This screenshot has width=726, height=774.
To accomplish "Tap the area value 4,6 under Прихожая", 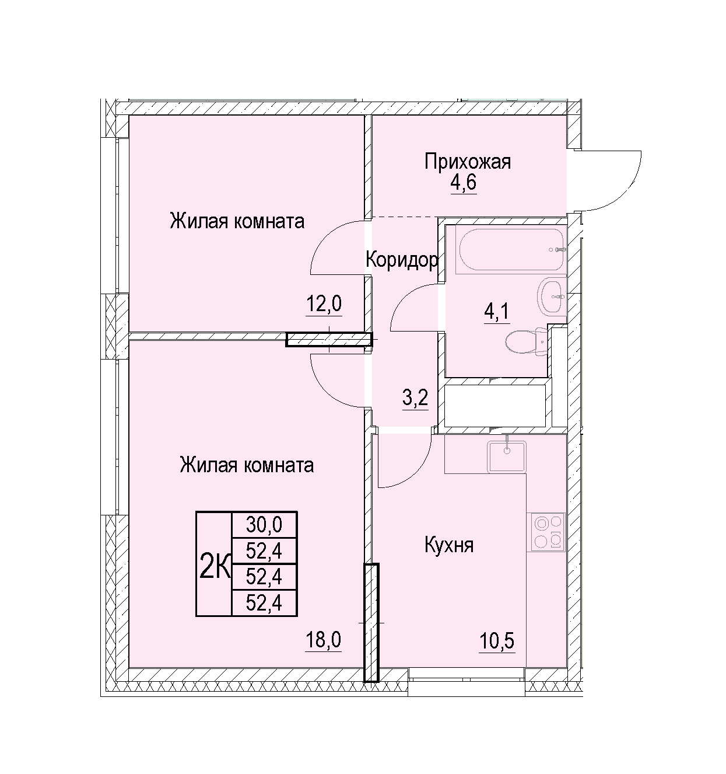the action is tap(464, 183).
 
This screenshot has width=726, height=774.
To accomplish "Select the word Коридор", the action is tap(402, 259).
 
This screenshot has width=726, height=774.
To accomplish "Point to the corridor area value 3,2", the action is tap(415, 398).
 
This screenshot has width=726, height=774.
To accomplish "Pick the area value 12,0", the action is tap(324, 304).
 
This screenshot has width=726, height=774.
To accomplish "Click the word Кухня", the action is tap(448, 545).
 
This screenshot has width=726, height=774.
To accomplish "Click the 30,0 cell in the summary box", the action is tap(264, 525).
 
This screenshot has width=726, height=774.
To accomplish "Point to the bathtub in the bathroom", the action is tap(511, 250).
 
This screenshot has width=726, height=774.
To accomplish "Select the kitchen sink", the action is tap(506, 456).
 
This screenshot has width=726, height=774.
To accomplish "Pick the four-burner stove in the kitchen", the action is tap(545, 532).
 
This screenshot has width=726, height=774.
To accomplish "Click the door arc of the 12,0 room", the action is tap(322, 238).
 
